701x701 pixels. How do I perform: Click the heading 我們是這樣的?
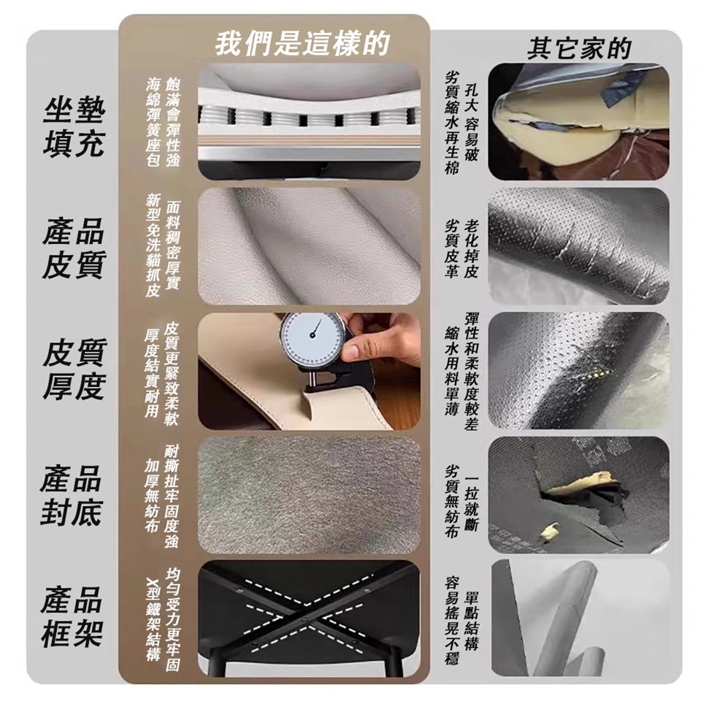[302, 44]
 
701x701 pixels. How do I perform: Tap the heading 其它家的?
[579, 49]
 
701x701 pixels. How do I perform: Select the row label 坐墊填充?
[74, 127]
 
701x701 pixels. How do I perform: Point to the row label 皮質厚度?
[74, 369]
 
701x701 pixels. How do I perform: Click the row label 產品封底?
[71, 495]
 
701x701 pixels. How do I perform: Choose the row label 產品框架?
[72, 617]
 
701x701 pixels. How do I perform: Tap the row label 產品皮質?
[74, 248]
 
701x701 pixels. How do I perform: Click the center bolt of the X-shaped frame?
[304, 621]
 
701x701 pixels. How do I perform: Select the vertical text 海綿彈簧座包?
[153, 123]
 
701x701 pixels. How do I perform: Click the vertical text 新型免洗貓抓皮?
[153, 245]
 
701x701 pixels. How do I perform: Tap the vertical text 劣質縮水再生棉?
[451, 123]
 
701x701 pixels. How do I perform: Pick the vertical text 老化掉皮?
[471, 248]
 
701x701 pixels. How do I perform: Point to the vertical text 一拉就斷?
[471, 503]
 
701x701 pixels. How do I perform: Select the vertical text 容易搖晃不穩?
[451, 621]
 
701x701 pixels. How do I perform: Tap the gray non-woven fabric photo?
[309, 495]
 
